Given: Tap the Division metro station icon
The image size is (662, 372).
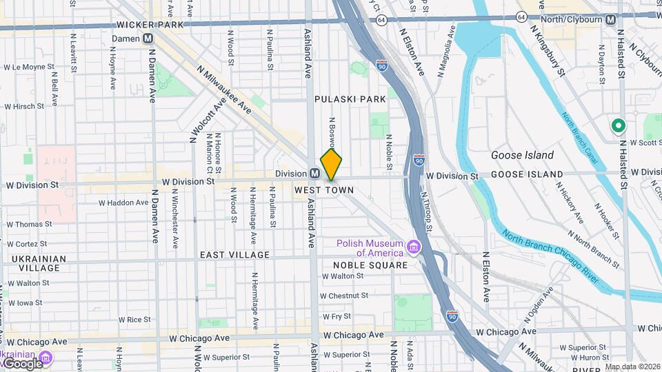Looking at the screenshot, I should coord(314,174).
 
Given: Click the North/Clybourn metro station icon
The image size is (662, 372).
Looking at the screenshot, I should coord(610,20).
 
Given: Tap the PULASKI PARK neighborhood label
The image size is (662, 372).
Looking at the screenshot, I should coord(350,99).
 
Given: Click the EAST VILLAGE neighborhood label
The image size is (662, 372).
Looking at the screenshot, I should coord(235,255).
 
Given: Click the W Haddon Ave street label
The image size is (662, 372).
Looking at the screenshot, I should coord(123,203).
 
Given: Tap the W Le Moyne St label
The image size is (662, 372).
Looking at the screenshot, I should coord(29,68).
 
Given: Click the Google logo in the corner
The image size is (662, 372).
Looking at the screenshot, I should coord(22,364).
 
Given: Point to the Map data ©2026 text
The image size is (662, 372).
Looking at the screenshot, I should coord(632,366).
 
